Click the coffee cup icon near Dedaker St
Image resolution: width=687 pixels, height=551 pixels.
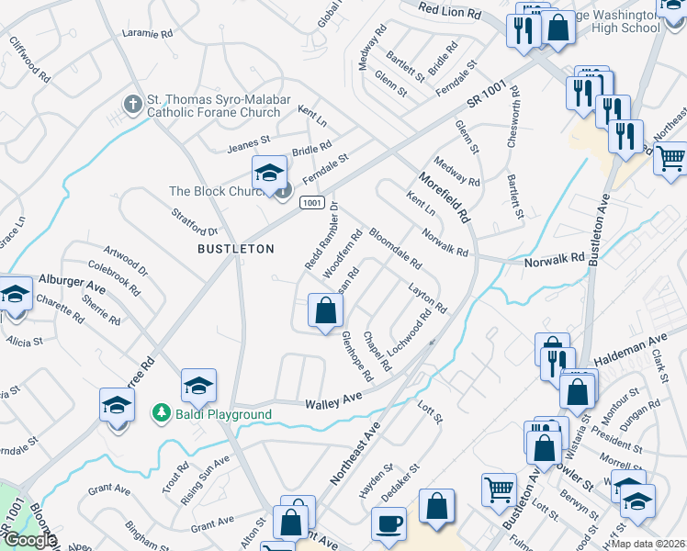388,523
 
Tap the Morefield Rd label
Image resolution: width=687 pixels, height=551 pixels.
445,198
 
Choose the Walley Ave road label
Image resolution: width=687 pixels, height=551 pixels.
334,399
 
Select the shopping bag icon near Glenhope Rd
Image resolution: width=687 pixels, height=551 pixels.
325,310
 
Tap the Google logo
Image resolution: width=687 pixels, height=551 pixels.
29,540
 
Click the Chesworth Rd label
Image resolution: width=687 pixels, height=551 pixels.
514,118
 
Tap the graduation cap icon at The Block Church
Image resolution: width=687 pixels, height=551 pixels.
268,172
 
